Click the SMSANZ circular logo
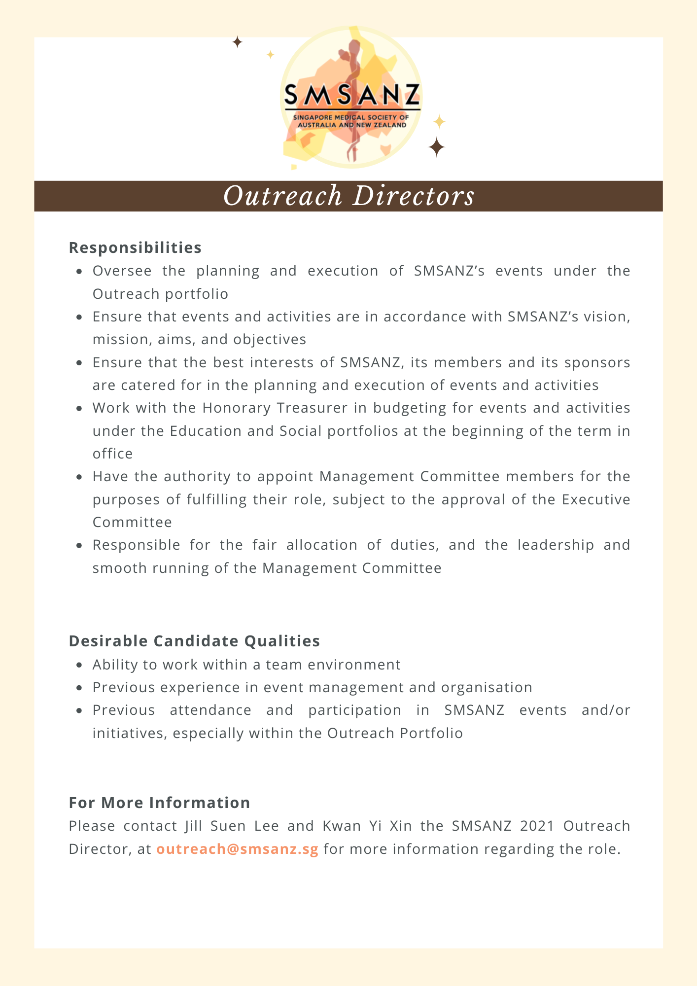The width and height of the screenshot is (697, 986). coord(351,98)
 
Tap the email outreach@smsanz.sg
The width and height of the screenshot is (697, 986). coord(238,849)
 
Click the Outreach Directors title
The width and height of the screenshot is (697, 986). coord(348,196)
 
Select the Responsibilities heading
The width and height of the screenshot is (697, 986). coord(135,247)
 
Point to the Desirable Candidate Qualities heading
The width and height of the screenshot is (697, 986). coord(194,641)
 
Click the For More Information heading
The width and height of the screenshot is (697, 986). coord(159,803)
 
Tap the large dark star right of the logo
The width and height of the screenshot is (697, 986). coord(436,147)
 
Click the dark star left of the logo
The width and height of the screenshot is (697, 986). coord(237,42)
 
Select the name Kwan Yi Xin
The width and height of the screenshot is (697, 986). coord(367,826)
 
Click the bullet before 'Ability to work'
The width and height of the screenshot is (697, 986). coord(79,665)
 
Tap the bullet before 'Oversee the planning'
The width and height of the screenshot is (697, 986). coord(79,271)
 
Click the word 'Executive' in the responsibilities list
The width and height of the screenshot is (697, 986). coord(596,499)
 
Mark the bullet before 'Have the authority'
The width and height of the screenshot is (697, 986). coord(79,477)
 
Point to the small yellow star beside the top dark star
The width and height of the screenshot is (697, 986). coord(270,55)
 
